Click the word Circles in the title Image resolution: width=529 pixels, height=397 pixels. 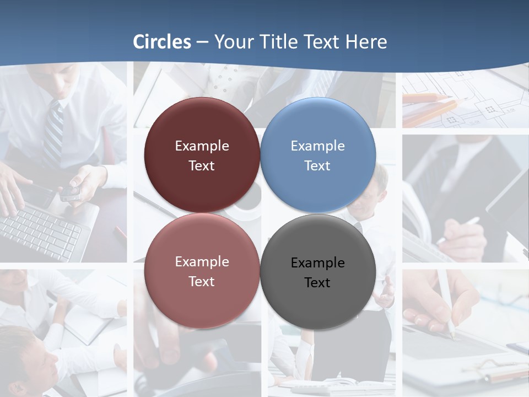162,42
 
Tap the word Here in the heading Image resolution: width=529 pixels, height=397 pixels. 366,42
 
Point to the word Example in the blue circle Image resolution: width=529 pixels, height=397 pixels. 318,146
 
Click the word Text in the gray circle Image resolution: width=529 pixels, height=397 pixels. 317,283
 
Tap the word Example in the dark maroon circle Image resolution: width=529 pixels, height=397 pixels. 202,146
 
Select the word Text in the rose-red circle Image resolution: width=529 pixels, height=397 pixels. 202,282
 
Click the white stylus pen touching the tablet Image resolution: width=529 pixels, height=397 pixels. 445,303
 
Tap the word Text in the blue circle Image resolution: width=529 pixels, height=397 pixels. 317,166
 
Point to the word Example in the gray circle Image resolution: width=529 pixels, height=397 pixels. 318,263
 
